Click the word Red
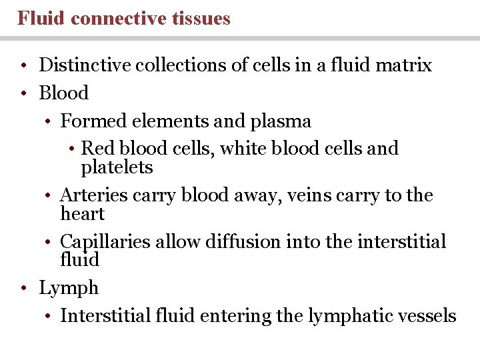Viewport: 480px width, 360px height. click(x=97, y=148)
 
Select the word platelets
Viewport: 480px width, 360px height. click(x=117, y=167)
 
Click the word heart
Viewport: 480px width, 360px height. click(x=82, y=214)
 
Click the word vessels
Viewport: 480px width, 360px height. click(x=427, y=316)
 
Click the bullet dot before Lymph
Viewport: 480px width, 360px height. click(x=24, y=289)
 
